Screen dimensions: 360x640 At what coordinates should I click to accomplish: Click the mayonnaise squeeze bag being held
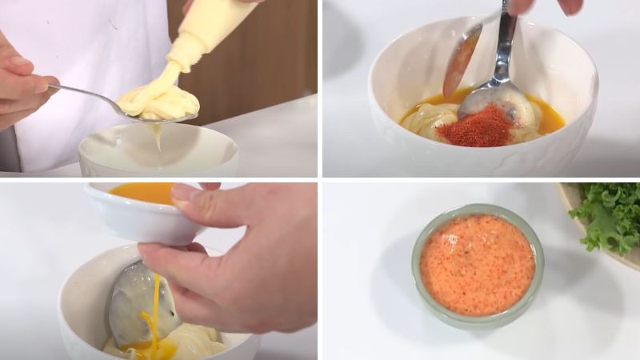pyautogui.click(x=210, y=32)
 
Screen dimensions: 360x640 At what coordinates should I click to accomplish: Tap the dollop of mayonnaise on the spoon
pyautogui.click(x=160, y=102)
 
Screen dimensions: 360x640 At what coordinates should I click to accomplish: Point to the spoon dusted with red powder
pyautogui.click(x=462, y=60)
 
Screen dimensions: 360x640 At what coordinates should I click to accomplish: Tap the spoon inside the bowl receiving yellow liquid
pyautogui.click(x=136, y=300)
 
